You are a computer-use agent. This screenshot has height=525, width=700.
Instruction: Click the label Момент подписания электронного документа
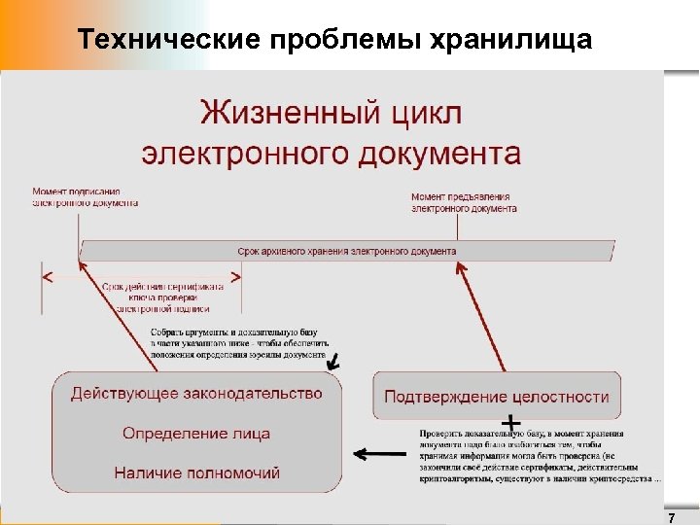(85, 197)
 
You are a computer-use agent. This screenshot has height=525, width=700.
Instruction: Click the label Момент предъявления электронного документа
(461, 201)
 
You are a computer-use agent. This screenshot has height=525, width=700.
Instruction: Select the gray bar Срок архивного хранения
(347, 251)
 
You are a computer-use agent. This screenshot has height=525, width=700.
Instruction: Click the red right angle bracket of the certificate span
(234, 277)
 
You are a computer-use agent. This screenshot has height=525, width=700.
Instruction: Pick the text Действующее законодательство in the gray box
(195, 394)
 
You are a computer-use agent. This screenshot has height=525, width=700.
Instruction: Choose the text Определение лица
(195, 433)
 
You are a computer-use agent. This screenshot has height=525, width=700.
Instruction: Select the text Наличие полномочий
(196, 473)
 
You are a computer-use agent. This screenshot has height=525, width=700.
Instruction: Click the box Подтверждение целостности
(497, 397)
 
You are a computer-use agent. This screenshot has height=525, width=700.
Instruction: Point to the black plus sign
(507, 424)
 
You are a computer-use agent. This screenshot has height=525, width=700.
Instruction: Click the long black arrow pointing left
(380, 453)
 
